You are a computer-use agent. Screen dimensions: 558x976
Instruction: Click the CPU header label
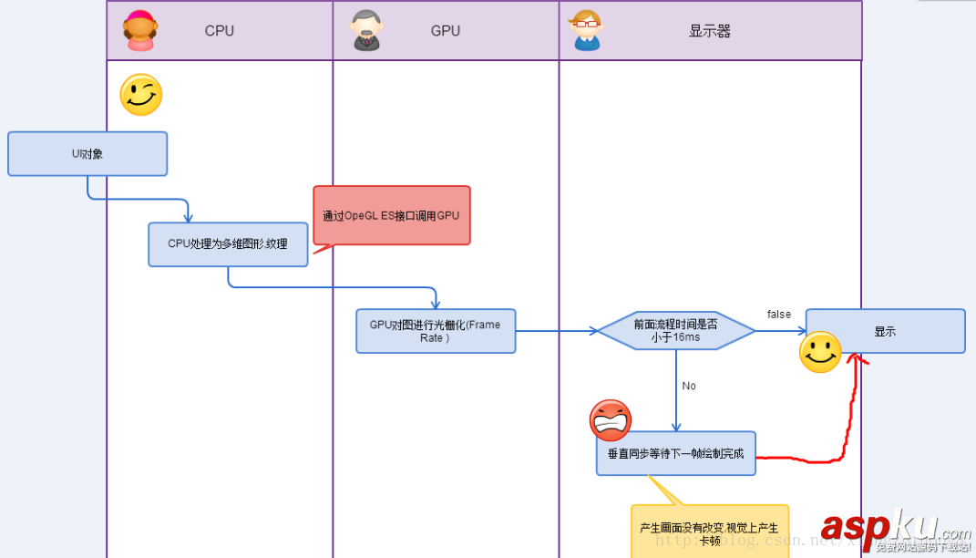click(x=219, y=31)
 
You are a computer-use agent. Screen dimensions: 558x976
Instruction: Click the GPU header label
click(x=445, y=31)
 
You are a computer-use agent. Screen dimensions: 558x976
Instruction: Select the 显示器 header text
click(x=709, y=31)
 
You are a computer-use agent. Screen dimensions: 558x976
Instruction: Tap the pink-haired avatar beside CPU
click(x=140, y=30)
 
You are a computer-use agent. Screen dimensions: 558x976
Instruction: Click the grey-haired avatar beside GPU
click(x=366, y=30)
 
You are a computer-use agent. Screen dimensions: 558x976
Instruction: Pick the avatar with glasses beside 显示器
click(x=586, y=30)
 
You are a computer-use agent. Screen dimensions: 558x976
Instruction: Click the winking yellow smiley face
click(x=141, y=95)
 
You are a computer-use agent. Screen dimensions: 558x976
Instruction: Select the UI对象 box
click(x=87, y=154)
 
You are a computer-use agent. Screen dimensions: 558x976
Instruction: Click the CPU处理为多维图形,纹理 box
click(x=228, y=244)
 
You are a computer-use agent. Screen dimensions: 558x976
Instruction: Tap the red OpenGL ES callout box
click(x=392, y=216)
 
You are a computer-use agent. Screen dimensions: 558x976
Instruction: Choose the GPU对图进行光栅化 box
click(x=436, y=331)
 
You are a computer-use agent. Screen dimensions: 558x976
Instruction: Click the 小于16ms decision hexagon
click(x=675, y=331)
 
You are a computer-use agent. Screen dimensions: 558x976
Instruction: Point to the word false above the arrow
click(x=779, y=315)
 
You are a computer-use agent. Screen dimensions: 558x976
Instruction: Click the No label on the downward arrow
click(x=689, y=386)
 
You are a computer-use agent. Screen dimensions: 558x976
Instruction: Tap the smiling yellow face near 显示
click(x=820, y=352)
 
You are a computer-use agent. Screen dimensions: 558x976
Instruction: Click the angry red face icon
click(x=611, y=420)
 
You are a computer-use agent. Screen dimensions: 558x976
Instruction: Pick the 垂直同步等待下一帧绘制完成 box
click(x=676, y=453)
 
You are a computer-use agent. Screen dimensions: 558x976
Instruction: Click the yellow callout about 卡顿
click(x=709, y=532)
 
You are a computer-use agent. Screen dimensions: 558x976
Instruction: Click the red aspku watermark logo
click(x=879, y=527)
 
